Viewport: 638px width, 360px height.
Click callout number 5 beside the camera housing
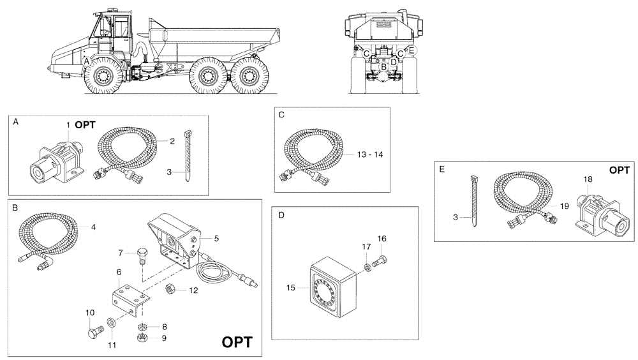[x=217, y=238]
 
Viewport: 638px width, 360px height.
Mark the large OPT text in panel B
[x=237, y=342]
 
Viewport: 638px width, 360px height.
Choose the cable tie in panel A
[x=189, y=156]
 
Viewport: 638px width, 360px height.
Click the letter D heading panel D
[x=281, y=216]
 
